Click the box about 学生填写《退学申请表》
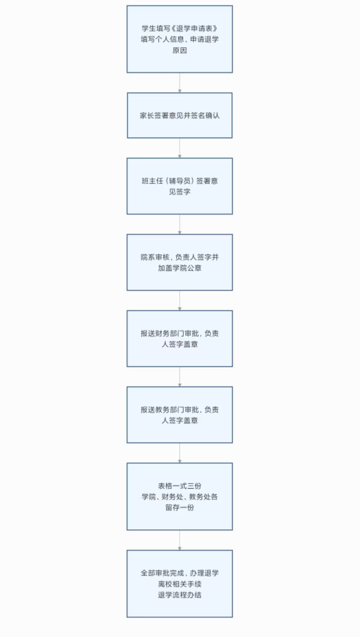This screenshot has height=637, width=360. pos(180,39)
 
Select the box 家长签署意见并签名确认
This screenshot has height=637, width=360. pos(180,115)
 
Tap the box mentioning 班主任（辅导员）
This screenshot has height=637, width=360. pos(180,186)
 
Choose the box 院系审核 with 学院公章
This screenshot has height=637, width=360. pos(180,262)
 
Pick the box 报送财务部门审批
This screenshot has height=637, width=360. pos(180,339)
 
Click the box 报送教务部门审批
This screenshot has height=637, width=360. pos(180,415)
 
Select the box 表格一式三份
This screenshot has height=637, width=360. pos(180,497)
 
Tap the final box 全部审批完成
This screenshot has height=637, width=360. pos(180,584)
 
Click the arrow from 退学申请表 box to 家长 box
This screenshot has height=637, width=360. pos(180,83)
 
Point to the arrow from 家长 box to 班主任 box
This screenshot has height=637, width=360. pos(180,148)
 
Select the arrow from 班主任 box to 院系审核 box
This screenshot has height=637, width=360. pos(180,224)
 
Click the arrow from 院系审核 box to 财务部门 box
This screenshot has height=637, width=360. pos(180,300)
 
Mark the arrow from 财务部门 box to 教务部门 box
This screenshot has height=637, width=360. pos(180,377)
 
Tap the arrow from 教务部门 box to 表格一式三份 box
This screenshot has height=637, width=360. pos(180,453)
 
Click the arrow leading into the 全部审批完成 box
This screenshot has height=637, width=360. pos(180,540)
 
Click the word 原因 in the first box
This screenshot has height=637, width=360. pos(180,50)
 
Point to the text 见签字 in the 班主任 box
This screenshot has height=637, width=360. pos(180,192)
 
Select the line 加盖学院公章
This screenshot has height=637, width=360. pos(180,268)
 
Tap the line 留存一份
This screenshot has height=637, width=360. pos(180,507)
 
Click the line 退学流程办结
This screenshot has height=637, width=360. pos(180,594)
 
